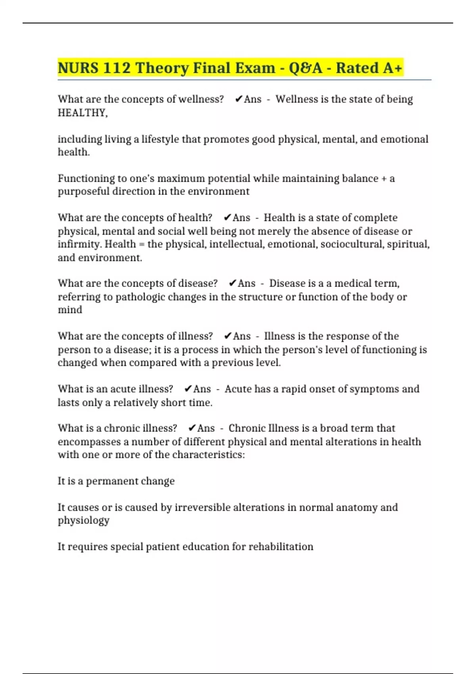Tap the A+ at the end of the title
click(x=393, y=68)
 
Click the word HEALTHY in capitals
click(x=82, y=113)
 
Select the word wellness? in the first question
click(x=201, y=99)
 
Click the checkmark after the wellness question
click(x=238, y=99)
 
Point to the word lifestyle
click(x=160, y=140)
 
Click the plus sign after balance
click(x=384, y=179)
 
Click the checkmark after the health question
click(x=227, y=218)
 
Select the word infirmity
click(x=80, y=244)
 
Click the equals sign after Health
click(x=142, y=245)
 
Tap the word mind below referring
click(x=70, y=310)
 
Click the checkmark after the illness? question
click(x=228, y=336)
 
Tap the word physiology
click(x=83, y=521)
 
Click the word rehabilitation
click(x=281, y=547)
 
